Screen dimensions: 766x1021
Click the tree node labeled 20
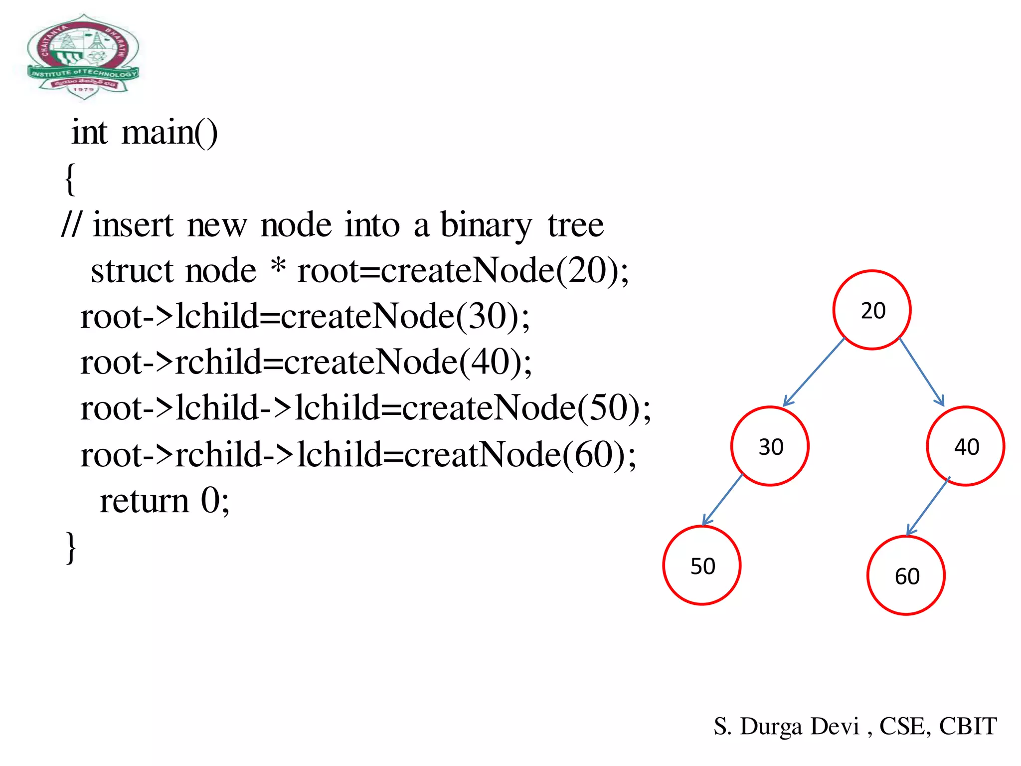tap(872, 310)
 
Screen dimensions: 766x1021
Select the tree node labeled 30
tap(770, 446)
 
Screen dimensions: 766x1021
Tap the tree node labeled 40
tap(966, 446)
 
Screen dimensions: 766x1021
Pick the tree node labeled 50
tap(702, 566)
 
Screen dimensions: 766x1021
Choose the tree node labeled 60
tap(906, 575)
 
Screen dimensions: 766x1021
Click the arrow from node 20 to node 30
tap(814, 372)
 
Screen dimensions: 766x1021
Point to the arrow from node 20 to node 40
tap(922, 372)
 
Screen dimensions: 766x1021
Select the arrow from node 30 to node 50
tap(722, 500)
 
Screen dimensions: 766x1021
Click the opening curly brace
tap(70, 179)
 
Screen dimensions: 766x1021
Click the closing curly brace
tap(71, 547)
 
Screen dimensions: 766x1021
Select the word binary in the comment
tap(486, 225)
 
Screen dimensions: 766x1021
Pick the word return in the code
tap(144, 501)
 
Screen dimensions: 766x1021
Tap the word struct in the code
tap(132, 271)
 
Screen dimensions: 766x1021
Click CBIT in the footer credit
tap(968, 726)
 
